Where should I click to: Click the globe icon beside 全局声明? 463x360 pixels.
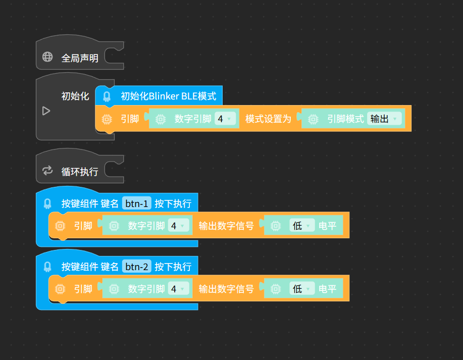[x=47, y=57]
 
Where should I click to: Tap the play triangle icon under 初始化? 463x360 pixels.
[x=46, y=111]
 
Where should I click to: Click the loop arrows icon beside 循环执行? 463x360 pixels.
[x=47, y=170]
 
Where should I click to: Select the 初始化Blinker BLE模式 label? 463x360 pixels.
[x=168, y=96]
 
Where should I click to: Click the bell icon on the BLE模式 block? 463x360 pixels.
[x=107, y=96]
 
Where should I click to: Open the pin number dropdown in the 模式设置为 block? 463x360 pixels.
[x=225, y=119]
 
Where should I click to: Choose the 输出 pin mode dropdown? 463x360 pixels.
[x=384, y=119]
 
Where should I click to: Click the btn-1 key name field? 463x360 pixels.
[x=137, y=203]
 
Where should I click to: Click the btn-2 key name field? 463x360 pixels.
[x=137, y=267]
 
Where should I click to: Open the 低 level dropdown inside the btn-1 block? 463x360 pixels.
[x=302, y=226]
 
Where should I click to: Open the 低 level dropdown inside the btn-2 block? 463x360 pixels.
[x=302, y=289]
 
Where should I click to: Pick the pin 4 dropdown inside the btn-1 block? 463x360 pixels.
[x=178, y=226]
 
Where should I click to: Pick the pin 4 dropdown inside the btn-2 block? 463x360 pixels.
[x=178, y=289]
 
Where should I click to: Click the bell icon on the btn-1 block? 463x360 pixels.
[x=47, y=203]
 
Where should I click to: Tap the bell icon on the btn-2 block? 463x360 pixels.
[x=47, y=267]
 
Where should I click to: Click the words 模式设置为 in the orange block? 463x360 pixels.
[x=268, y=119]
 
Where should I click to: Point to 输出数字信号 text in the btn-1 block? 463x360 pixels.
[x=226, y=226]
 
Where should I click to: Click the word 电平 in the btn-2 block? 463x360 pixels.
[x=328, y=289]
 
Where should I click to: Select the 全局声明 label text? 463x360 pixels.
[x=80, y=58]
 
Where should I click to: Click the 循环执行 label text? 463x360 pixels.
[x=80, y=172]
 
